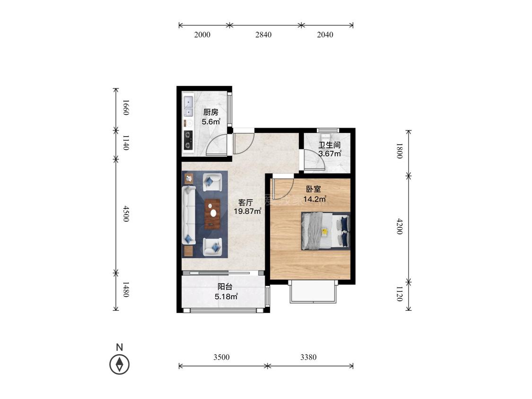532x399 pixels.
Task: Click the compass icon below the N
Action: coord(120,364)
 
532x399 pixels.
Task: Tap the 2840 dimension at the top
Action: coord(263,35)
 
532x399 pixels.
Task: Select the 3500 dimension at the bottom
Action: coord(222,357)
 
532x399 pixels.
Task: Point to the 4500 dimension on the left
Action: coord(126,214)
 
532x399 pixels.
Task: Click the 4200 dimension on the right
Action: coord(399,226)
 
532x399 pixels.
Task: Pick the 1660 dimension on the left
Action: coord(126,107)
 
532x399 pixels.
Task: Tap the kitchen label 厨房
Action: coord(211,112)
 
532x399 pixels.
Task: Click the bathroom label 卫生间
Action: coord(329,145)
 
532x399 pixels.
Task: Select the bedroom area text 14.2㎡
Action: coord(315,199)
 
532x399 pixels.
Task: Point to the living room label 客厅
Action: coord(245,202)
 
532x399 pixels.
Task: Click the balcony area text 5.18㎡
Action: coord(226,296)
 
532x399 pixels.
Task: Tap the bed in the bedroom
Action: coord(325,231)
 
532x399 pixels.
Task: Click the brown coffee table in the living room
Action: coord(212,215)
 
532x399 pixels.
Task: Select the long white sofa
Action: coord(189,215)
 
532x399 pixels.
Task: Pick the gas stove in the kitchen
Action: coord(188,140)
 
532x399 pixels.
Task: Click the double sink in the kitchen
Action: coord(188,106)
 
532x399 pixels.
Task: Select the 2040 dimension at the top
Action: coord(325,35)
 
